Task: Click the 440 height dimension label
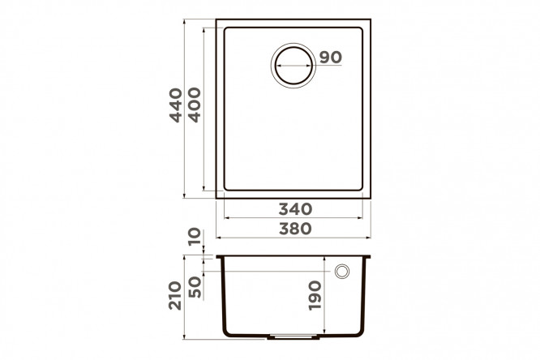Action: (x=176, y=105)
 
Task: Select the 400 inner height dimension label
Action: (x=195, y=105)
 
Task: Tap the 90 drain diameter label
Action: (x=331, y=58)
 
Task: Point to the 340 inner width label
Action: (x=295, y=209)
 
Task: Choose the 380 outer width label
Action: (x=295, y=229)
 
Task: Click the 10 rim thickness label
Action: (x=195, y=236)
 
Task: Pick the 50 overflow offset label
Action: (x=195, y=287)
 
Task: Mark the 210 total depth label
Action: (x=175, y=296)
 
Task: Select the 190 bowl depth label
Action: (x=315, y=296)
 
